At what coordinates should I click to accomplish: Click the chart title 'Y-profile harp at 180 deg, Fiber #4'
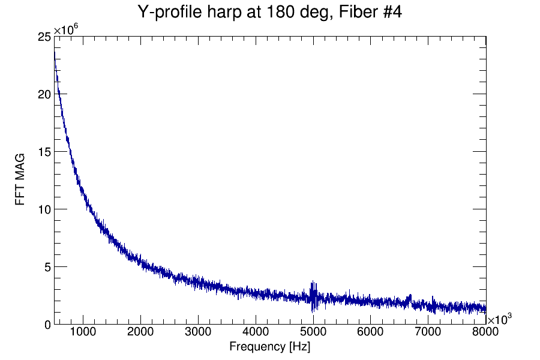tap(269, 12)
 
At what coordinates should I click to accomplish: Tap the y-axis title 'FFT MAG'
tap(20, 180)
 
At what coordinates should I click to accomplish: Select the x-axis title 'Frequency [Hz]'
tap(269, 347)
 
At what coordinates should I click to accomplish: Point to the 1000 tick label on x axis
tap(83, 332)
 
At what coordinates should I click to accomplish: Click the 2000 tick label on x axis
tap(140, 332)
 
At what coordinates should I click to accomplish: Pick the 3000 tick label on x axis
tap(198, 332)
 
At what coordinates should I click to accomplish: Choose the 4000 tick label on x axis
tap(256, 332)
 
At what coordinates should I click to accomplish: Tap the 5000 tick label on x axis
tap(313, 332)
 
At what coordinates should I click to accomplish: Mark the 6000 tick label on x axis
tap(371, 332)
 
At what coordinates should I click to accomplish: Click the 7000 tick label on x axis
tap(428, 332)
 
